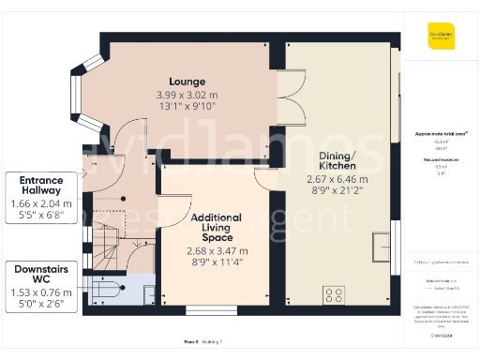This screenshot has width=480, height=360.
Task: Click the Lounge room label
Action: tap(187, 82)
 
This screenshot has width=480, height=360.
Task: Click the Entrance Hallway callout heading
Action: tap(41, 185)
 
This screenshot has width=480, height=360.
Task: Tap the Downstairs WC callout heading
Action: tap(41, 274)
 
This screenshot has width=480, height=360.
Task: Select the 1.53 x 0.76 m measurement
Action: tap(41, 292)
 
